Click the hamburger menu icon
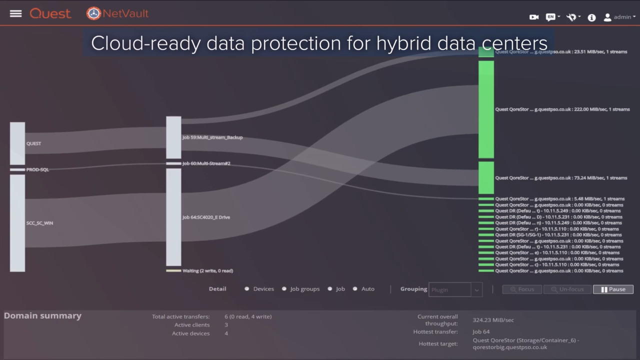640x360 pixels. (15, 13)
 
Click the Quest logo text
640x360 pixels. (50, 13)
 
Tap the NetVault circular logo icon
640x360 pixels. (93, 13)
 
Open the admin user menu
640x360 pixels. (619, 17)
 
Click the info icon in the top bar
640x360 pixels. (591, 17)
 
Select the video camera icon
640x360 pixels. (534, 17)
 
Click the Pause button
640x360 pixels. (613, 289)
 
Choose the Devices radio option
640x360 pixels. (247, 289)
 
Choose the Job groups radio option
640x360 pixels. (284, 289)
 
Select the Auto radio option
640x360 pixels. (355, 289)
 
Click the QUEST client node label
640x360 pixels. (33, 143)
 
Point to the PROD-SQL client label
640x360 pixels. (37, 169)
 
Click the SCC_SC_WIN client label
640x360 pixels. (39, 223)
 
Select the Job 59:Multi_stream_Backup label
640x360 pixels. (212, 137)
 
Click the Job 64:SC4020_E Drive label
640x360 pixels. (206, 217)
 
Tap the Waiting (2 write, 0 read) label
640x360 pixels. (207, 271)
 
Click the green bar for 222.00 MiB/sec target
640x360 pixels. (486, 109)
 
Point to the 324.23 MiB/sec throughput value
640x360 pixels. (493, 320)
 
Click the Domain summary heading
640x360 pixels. (42, 315)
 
